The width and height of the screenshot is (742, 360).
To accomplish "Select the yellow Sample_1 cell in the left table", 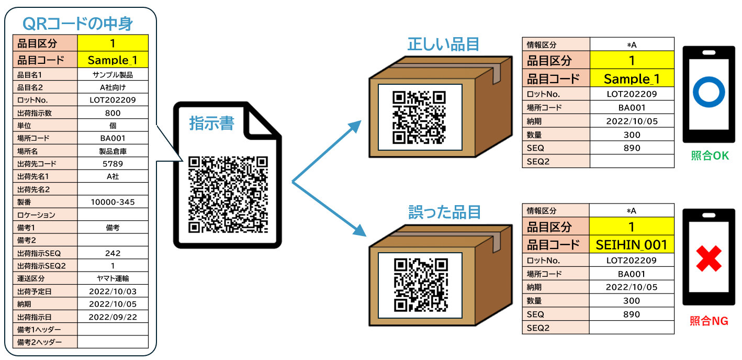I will click(113, 59).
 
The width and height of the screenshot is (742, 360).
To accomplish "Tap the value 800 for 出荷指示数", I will click(113, 113).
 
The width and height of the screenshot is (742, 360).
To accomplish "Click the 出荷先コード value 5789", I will click(113, 164).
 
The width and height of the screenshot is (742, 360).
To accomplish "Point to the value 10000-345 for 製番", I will click(113, 202).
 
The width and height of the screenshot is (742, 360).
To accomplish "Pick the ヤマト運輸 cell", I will click(113, 278).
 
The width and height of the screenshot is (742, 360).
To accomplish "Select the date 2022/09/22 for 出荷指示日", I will click(113, 317).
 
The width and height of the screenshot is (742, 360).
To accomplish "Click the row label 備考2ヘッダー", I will click(40, 342).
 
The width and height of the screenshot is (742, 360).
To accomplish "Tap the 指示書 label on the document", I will click(211, 123).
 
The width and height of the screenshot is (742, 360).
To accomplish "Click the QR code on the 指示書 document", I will click(228, 194).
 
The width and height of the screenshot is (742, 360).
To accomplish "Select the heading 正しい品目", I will click(443, 45).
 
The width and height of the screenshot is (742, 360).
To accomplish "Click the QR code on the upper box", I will click(419, 117).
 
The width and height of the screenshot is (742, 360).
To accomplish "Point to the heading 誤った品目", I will click(444, 212).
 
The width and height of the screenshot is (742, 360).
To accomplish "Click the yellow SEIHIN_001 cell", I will click(632, 244).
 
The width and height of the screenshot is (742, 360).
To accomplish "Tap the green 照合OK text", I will click(710, 156).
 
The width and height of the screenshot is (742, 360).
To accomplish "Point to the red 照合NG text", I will click(709, 321).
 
